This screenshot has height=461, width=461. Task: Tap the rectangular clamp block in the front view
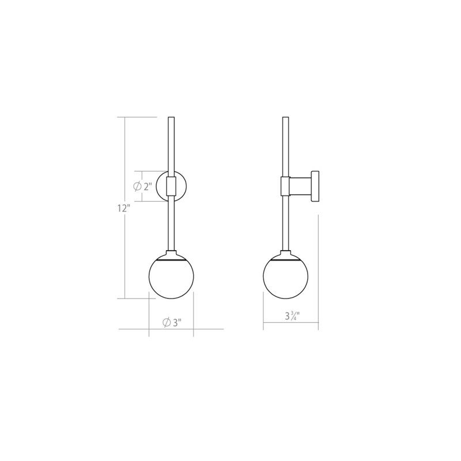pyautogui.click(x=171, y=186)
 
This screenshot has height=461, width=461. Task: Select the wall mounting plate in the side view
pyautogui.click(x=315, y=186)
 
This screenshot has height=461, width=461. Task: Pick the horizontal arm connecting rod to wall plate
pyautogui.click(x=300, y=186)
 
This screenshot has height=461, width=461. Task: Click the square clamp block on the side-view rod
pyautogui.click(x=285, y=186)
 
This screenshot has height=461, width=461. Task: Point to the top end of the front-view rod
pyautogui.click(x=171, y=119)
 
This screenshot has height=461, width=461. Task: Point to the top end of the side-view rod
pyautogui.click(x=285, y=119)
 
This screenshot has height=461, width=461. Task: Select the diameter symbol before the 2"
pyautogui.click(x=137, y=186)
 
